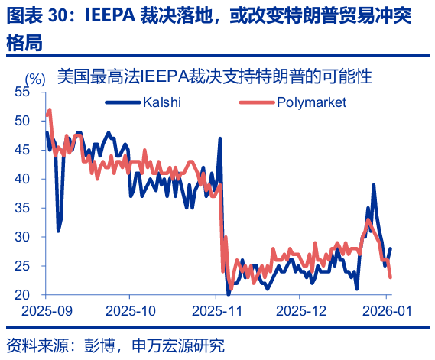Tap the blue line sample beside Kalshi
(x=122, y=102)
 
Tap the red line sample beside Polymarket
(x=259, y=102)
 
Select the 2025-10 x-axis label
(x=131, y=311)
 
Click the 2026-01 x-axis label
(x=385, y=311)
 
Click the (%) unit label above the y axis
(x=35, y=78)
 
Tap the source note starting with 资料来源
(x=115, y=345)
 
